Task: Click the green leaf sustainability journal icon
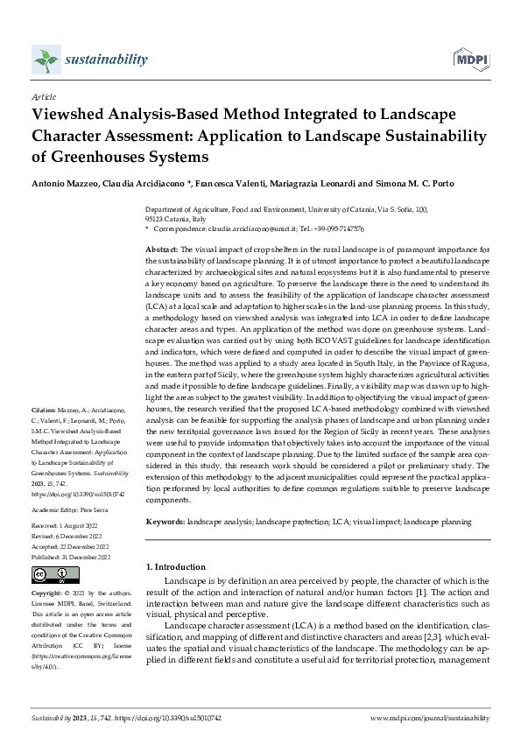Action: click(46, 60)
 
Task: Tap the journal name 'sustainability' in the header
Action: click(106, 60)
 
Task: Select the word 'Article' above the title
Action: click(44, 98)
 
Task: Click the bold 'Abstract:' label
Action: click(162, 249)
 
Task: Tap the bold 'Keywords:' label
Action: click(165, 522)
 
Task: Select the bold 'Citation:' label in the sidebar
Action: click(44, 409)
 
